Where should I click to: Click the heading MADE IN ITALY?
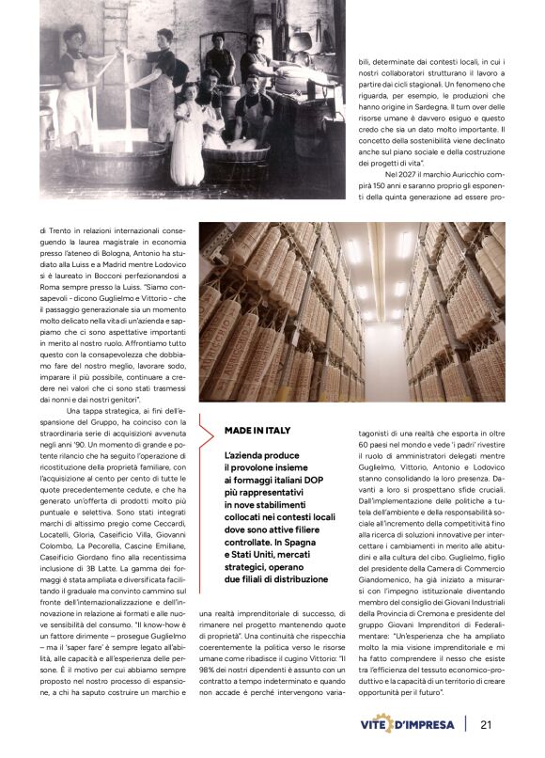(257, 430)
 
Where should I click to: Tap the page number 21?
(487, 724)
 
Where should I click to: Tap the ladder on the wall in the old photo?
(113, 47)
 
